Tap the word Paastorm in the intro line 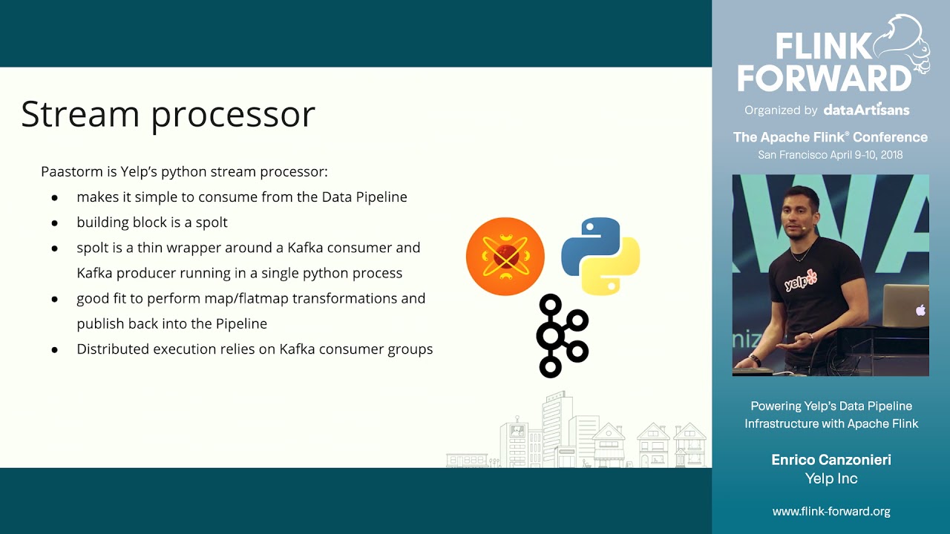(68, 172)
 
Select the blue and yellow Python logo (600, 255)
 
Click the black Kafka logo (562, 335)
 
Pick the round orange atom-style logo (505, 257)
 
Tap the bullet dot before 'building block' (55, 222)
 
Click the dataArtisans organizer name (866, 110)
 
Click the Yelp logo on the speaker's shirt (801, 280)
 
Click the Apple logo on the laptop (920, 310)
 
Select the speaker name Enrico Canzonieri (831, 460)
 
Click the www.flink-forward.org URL (831, 511)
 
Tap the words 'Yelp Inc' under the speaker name (831, 478)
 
